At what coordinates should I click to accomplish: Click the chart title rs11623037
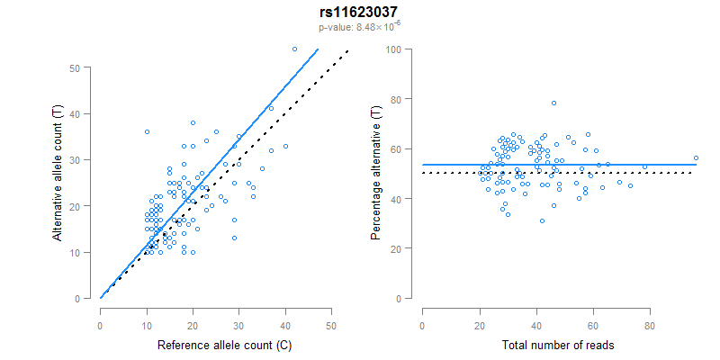[360, 13]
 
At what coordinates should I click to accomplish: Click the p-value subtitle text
[360, 27]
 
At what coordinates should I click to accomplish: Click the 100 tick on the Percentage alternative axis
[393, 49]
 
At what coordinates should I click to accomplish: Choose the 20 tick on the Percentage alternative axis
[396, 247]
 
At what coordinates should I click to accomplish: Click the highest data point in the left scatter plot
[294, 49]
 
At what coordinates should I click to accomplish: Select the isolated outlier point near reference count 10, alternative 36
[147, 132]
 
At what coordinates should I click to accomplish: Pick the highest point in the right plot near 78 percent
[554, 103]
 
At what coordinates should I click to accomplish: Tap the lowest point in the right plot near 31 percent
[542, 220]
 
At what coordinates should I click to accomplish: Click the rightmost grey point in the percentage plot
[696, 158]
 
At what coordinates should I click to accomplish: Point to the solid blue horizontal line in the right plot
[630, 165]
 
